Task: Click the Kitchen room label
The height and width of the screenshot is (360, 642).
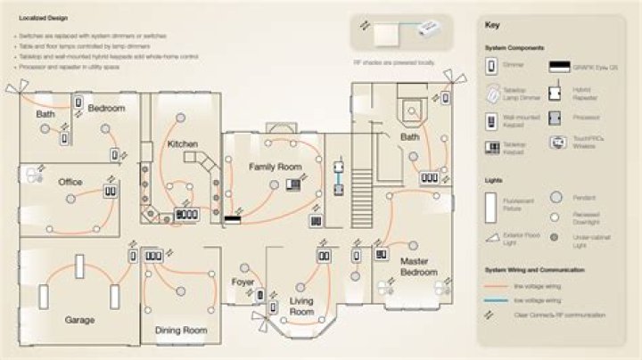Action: tap(182, 144)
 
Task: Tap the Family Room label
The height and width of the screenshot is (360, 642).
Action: tap(275, 167)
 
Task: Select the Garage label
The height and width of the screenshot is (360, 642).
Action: tap(79, 319)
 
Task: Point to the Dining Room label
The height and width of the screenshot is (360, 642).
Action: tap(181, 331)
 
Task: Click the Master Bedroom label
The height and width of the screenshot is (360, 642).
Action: tap(418, 266)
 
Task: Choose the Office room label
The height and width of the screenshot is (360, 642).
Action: tap(70, 182)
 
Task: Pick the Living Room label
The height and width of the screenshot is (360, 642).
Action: tap(301, 307)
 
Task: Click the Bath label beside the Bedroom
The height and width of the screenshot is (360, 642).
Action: tap(45, 115)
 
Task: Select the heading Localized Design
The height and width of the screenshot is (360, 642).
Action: tap(40, 17)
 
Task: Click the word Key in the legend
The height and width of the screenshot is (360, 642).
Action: tap(493, 25)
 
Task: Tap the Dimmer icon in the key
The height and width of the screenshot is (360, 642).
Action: tap(490, 65)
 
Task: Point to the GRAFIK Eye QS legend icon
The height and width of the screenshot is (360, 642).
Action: tap(560, 66)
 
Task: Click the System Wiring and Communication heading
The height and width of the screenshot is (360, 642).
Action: tap(531, 270)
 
